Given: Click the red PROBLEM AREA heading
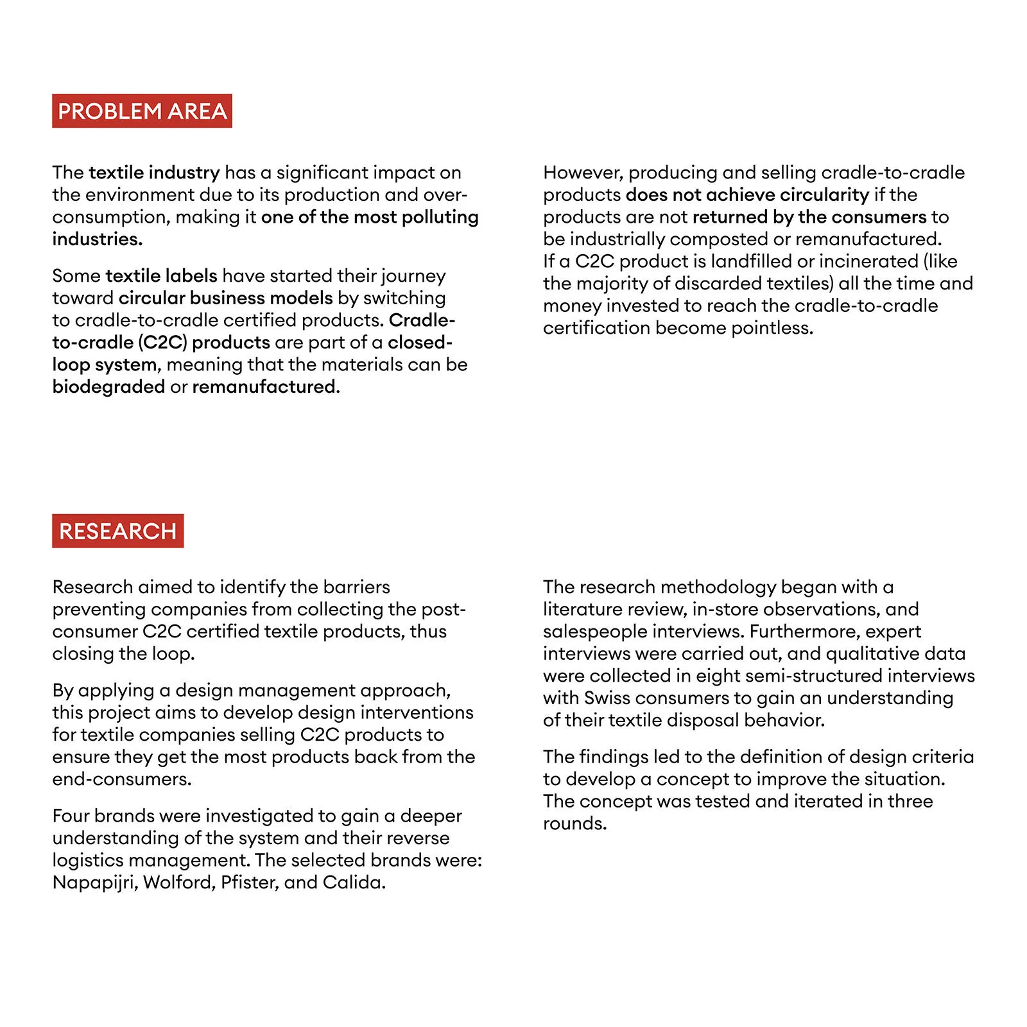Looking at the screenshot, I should [x=142, y=111].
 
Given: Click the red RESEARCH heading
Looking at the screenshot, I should [x=117, y=531].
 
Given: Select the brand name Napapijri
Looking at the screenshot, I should [x=95, y=883].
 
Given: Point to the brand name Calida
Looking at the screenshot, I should [x=354, y=883].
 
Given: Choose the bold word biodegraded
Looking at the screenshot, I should [x=108, y=387].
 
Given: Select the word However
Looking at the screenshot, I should [x=583, y=173].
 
